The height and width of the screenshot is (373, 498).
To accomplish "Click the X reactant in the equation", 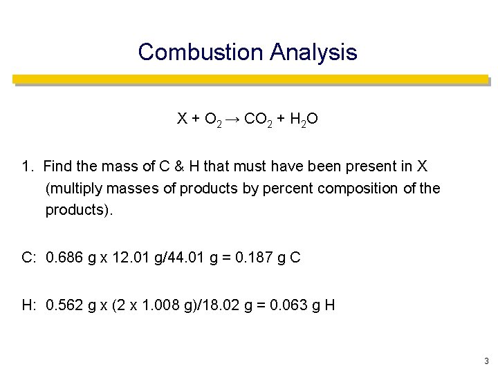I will [x=182, y=119].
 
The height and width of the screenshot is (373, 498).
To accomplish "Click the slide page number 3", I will [x=487, y=361].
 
